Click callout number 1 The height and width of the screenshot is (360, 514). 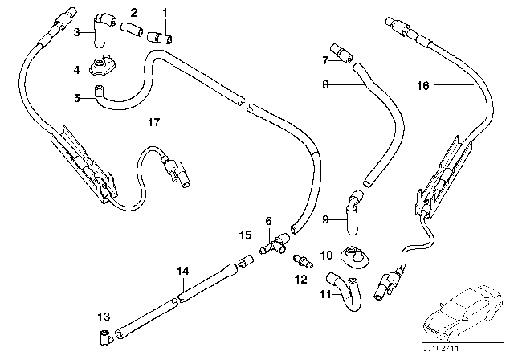(x=165, y=13)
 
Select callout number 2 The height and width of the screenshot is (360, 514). (x=133, y=13)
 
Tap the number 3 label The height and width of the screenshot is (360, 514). (x=76, y=33)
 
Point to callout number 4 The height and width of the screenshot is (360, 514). (x=77, y=70)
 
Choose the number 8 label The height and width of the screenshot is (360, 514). (x=325, y=82)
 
